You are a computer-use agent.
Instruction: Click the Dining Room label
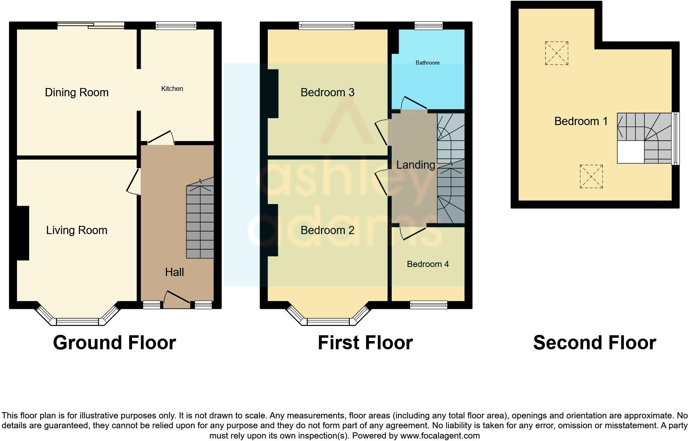click(77, 93)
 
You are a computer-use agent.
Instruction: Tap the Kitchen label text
click(172, 89)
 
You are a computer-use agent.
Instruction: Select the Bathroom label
click(428, 63)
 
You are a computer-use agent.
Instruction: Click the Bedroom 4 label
click(428, 264)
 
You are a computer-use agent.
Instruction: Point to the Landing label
click(416, 165)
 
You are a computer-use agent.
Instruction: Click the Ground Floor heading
click(114, 343)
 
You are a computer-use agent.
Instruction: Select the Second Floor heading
click(594, 343)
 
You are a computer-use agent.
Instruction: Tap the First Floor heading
click(365, 343)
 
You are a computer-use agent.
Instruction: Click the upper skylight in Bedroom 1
click(556, 53)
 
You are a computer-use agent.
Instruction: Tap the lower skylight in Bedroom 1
click(591, 176)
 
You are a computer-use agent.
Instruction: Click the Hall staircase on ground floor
click(200, 222)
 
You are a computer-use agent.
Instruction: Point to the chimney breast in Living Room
click(23, 233)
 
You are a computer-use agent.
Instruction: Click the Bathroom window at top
click(428, 26)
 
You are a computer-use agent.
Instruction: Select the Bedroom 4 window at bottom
click(428, 305)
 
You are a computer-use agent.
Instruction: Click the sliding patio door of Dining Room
click(91, 26)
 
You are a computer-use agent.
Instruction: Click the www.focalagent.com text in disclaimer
click(440, 436)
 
